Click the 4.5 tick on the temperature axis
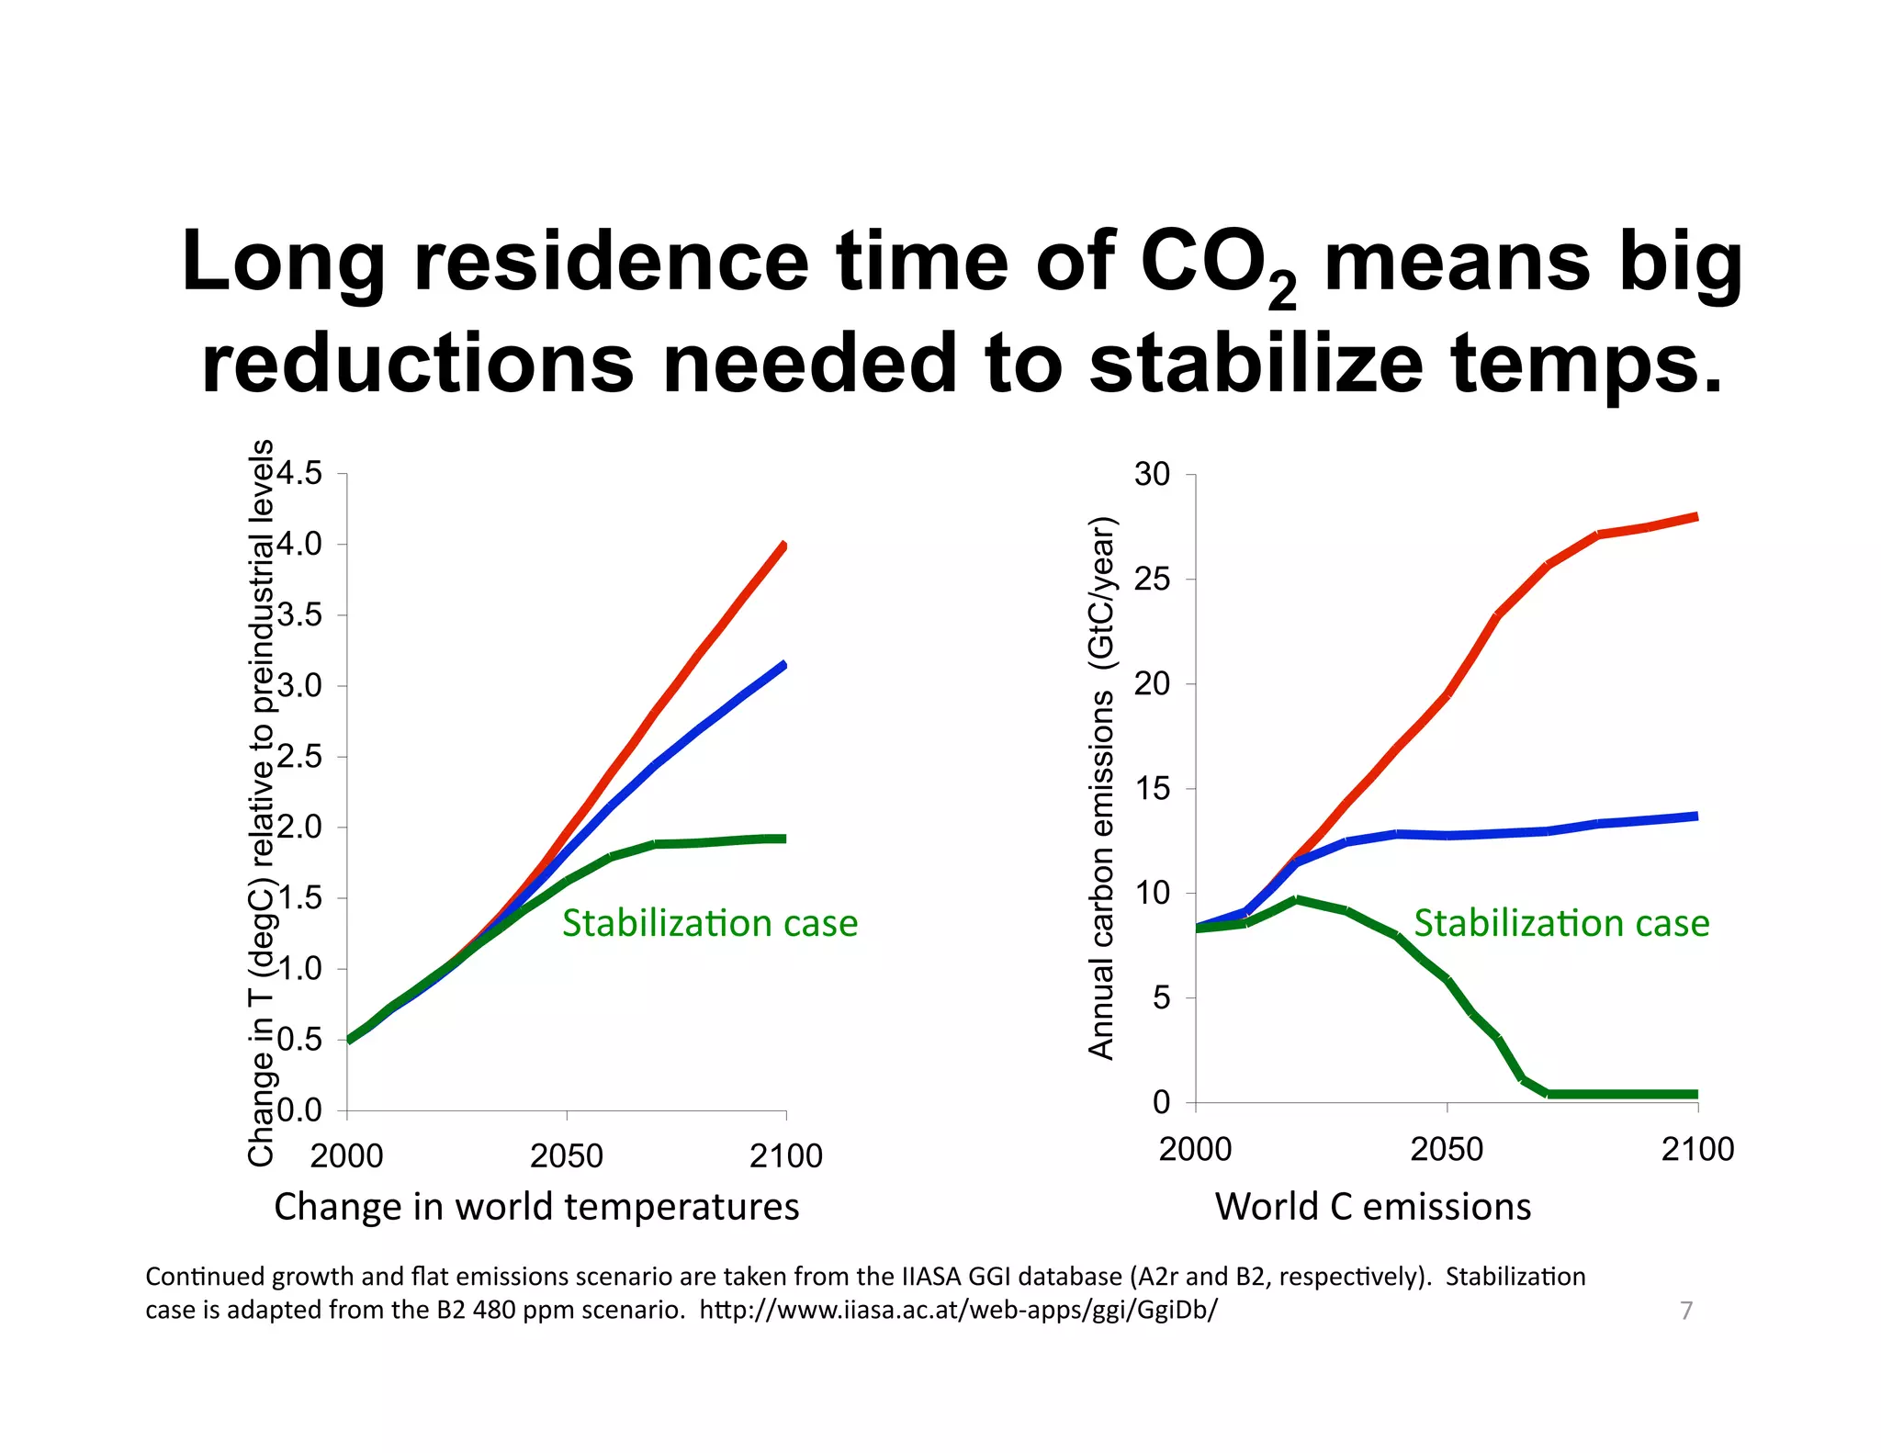pos(299,474)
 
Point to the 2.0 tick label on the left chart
pos(299,827)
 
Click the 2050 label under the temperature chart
pos(566,1155)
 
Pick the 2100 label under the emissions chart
pos(1696,1149)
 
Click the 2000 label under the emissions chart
pos(1195,1149)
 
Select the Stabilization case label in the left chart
pos(709,923)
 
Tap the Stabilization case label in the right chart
pos(1560,923)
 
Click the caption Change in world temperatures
pos(536,1206)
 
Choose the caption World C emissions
pos(1372,1206)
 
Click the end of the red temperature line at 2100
pos(783,546)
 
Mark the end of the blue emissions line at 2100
pos(1695,816)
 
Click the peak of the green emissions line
pos(1296,900)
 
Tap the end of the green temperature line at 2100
pos(783,839)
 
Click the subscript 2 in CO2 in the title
pos(1282,293)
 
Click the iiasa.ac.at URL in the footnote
pos(958,1310)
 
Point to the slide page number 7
pos(1685,1311)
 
